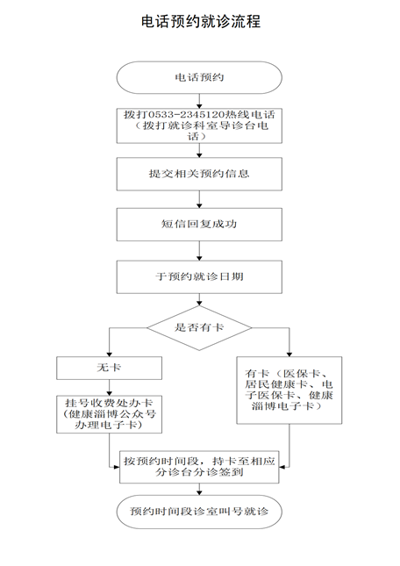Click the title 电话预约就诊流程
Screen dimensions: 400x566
[x=200, y=21]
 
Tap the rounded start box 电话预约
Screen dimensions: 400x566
[x=199, y=77]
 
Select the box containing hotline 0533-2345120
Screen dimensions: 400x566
[x=199, y=125]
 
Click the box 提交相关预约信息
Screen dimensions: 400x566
[x=199, y=174]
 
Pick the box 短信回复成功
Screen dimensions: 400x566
[x=199, y=224]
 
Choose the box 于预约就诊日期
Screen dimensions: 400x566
[x=199, y=277]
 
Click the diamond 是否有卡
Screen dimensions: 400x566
[x=199, y=328]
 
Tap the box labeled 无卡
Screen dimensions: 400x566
[x=110, y=368]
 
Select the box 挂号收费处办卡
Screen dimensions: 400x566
[x=110, y=414]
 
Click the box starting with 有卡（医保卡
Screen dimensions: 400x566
[x=289, y=390]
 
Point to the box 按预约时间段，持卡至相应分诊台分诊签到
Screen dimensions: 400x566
[x=199, y=466]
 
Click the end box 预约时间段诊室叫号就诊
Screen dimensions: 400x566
[x=199, y=512]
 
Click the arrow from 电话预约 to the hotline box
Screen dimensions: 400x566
[x=199, y=101]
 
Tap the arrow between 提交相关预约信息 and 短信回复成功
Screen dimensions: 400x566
[x=199, y=199]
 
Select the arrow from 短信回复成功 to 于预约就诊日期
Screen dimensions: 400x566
[x=199, y=250]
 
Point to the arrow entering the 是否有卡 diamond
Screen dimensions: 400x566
[x=199, y=299]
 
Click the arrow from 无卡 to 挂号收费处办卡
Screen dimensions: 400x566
[x=110, y=387]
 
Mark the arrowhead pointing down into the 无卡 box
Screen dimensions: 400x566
[x=110, y=355]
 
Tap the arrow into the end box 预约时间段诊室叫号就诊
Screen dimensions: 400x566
[x=199, y=489]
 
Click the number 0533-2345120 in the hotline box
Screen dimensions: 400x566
[x=186, y=115]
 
